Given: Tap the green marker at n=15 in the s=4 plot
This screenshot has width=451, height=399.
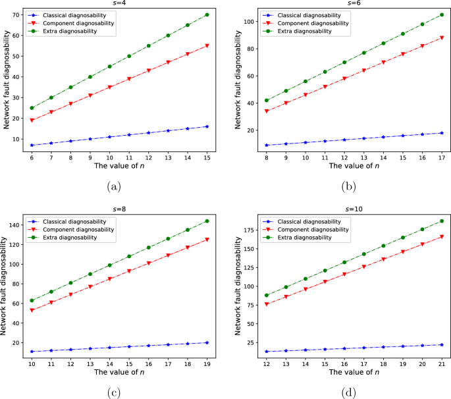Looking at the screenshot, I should [x=206, y=14].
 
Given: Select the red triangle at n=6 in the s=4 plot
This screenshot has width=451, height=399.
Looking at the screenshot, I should [x=32, y=120].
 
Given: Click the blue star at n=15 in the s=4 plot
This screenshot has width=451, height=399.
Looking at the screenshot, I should [x=206, y=126].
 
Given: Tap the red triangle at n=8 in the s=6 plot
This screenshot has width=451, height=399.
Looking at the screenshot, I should [x=266, y=111].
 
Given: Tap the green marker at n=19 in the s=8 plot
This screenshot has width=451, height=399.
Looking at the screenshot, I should [x=206, y=221].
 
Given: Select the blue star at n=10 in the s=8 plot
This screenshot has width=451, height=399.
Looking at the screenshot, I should [x=32, y=352].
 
